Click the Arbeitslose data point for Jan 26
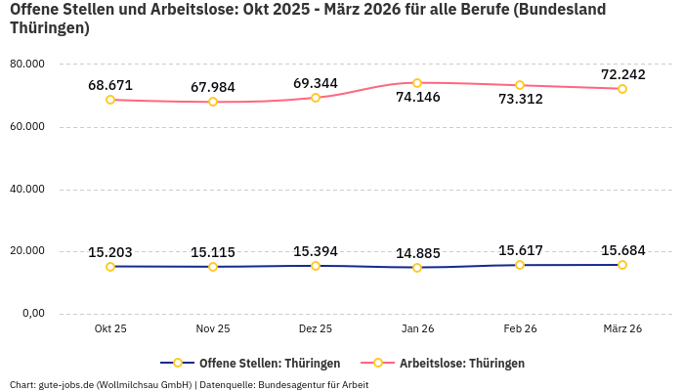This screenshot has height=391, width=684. [x=417, y=83]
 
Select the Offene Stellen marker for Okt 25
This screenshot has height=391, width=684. [x=110, y=267]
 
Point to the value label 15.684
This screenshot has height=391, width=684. [x=622, y=251]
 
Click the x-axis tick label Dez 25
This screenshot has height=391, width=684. [x=315, y=329]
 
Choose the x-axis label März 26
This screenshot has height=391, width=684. [x=622, y=329]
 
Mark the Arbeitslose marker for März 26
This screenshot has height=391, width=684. [x=622, y=89]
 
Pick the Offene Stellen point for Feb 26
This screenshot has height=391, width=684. [x=520, y=265]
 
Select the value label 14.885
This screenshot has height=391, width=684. [x=417, y=254]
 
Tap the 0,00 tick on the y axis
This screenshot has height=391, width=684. [x=33, y=314]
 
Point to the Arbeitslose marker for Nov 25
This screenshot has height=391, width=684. [x=213, y=102]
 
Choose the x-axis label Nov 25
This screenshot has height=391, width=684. [x=213, y=329]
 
